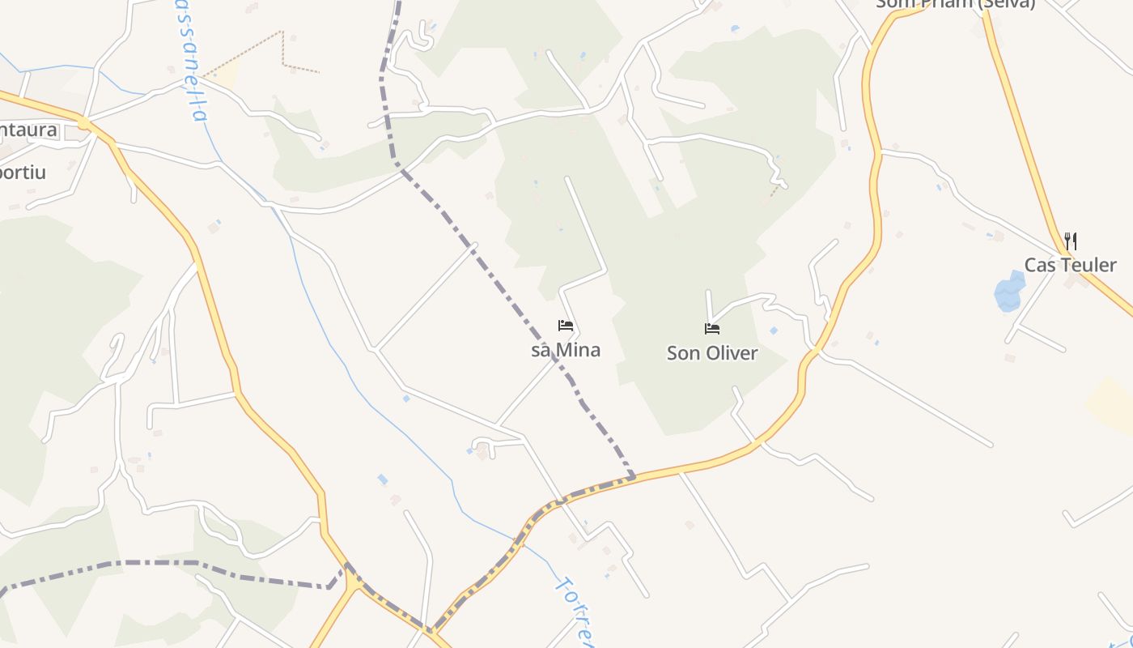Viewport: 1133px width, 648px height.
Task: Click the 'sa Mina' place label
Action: click(x=566, y=351)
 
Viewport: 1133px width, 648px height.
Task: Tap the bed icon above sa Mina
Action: click(x=566, y=326)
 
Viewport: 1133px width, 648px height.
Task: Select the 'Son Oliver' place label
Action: click(x=712, y=353)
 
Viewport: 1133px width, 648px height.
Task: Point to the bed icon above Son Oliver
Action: click(x=712, y=328)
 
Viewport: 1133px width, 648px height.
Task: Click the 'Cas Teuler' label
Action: click(x=1070, y=265)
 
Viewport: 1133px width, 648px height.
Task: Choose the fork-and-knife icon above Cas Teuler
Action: click(x=1070, y=241)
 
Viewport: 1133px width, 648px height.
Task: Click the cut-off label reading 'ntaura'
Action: click(x=29, y=130)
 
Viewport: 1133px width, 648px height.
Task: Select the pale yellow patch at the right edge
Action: click(x=1113, y=405)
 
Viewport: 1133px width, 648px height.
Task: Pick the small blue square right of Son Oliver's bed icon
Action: click(x=774, y=330)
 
